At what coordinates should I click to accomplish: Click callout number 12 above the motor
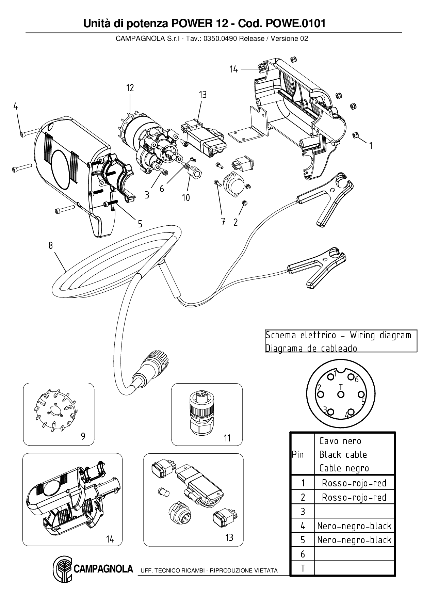(130, 88)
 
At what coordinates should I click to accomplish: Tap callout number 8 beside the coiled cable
(51, 245)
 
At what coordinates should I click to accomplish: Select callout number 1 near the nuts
(371, 146)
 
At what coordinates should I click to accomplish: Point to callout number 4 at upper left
(16, 106)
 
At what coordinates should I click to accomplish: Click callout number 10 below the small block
(186, 198)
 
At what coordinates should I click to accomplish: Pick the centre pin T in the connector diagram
(341, 394)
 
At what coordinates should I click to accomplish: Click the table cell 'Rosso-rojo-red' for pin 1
(354, 483)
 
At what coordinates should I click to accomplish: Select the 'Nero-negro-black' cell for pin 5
(354, 540)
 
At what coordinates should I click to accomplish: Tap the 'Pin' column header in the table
(298, 455)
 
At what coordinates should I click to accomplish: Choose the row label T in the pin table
(303, 568)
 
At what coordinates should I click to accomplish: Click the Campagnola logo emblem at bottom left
(62, 569)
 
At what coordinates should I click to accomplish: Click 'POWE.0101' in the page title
(295, 23)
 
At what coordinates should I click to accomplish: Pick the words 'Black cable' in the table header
(343, 455)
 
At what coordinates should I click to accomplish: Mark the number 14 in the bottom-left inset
(110, 539)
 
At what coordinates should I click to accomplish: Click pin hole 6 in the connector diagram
(351, 377)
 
